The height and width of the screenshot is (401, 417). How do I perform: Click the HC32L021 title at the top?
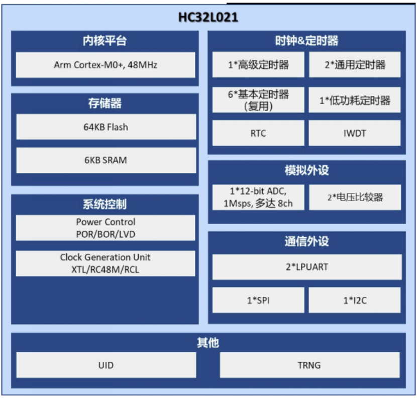point(208,18)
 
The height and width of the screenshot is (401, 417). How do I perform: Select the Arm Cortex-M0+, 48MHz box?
point(106,65)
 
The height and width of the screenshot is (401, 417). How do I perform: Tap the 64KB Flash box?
point(106,127)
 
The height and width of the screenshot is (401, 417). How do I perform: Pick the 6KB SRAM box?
point(106,160)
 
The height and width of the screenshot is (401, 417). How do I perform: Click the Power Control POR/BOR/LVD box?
point(106,228)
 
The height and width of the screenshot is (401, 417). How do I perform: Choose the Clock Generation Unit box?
point(106,263)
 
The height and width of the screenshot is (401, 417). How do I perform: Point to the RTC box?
point(258,133)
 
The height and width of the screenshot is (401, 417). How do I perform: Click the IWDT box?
point(355,133)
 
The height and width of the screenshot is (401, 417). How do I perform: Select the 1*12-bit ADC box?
point(258,197)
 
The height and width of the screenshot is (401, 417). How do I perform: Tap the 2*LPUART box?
point(307,267)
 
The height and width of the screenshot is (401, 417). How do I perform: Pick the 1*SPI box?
point(258,300)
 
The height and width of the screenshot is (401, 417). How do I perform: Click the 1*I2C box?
point(355,300)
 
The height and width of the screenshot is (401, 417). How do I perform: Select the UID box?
point(106,365)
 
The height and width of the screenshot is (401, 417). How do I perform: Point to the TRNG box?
point(309,365)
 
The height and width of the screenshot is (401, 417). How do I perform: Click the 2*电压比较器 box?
point(355,197)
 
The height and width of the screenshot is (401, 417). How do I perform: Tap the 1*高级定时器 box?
point(258,65)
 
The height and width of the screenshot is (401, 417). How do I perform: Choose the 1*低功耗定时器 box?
point(355,100)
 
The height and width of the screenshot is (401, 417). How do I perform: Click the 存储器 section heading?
point(105,103)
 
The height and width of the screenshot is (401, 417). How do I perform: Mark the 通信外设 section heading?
point(306,241)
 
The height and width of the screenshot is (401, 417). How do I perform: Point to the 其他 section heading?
point(208,343)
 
